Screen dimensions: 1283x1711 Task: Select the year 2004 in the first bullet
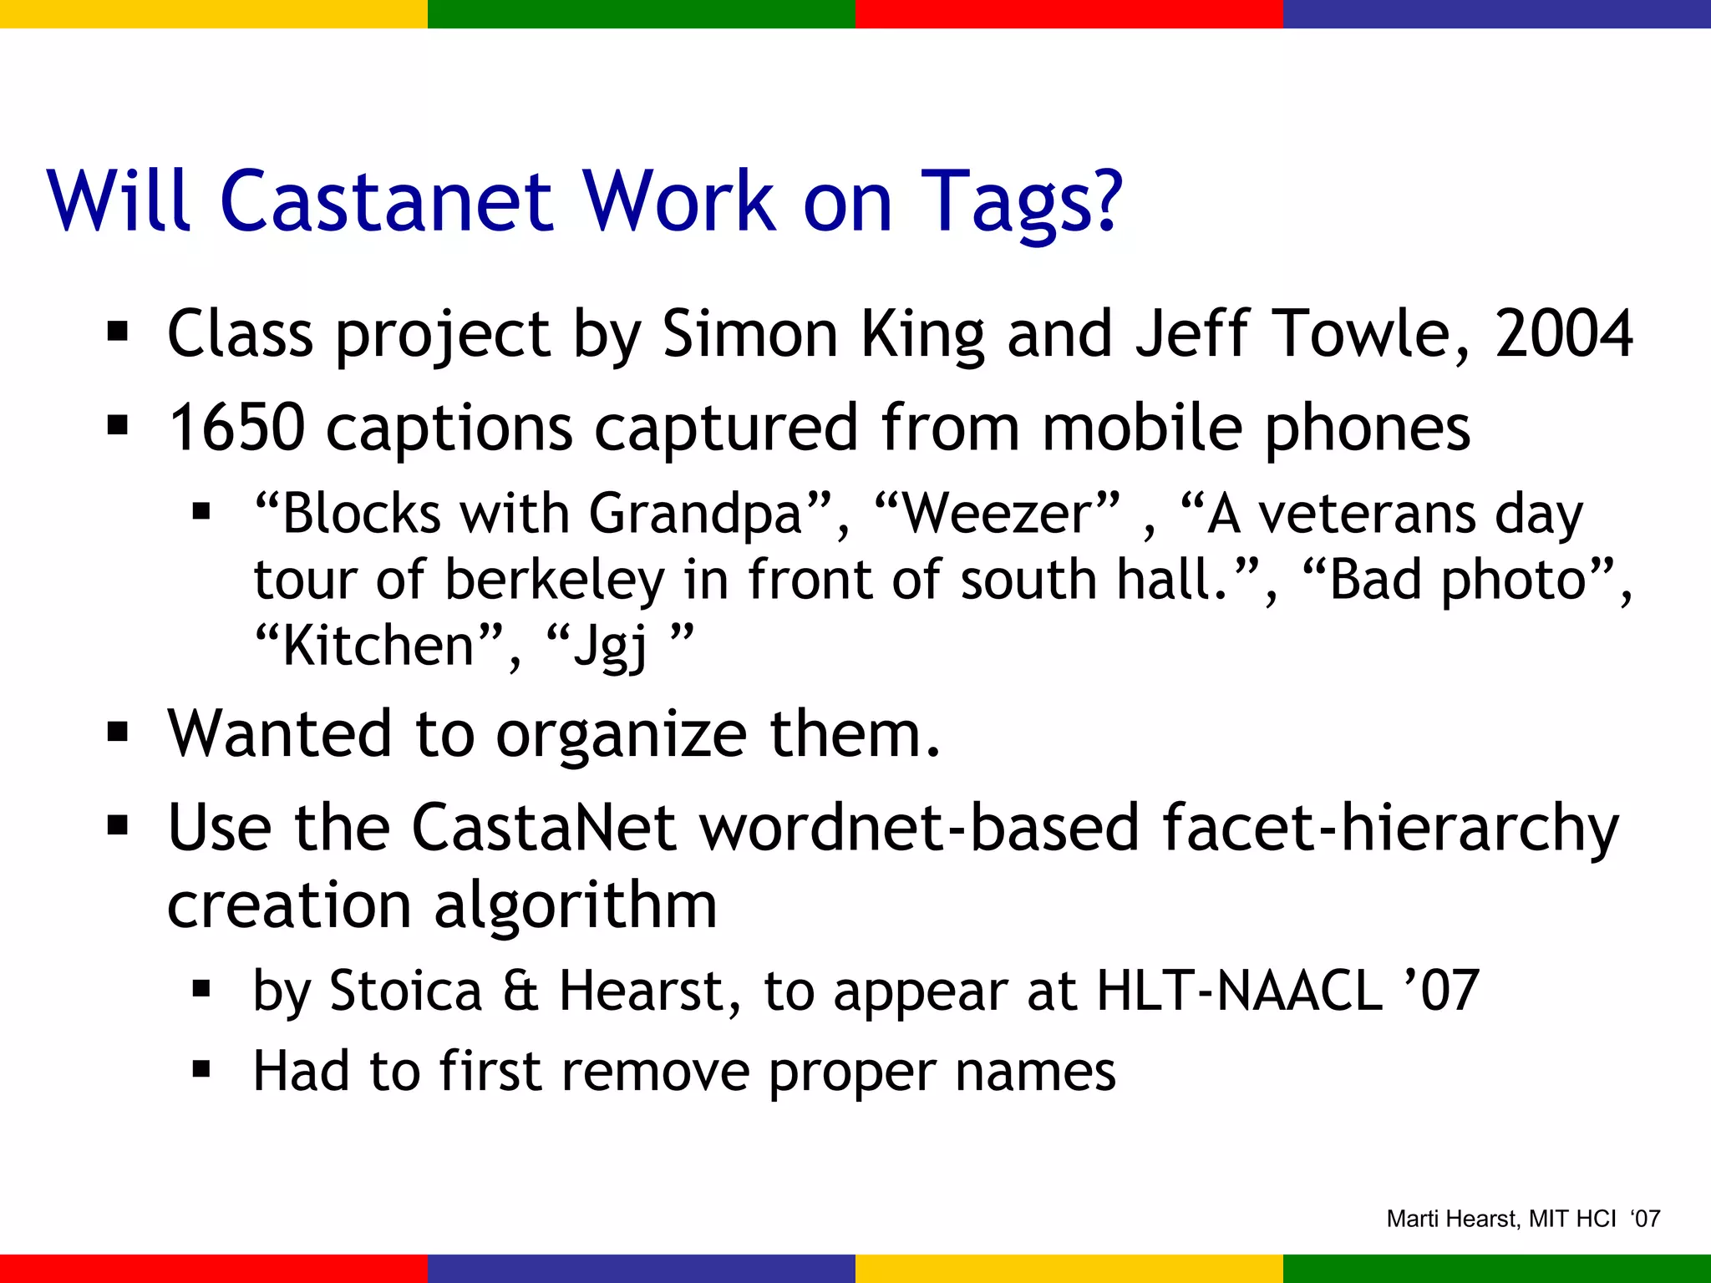pos(1563,334)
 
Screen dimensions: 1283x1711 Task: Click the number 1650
pos(237,428)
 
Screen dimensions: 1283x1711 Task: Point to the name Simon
pos(750,334)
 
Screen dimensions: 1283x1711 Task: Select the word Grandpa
pos(696,515)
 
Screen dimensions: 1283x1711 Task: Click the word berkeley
pos(554,581)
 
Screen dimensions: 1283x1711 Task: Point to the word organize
pos(621,735)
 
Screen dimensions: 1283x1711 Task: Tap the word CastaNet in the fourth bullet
pos(544,828)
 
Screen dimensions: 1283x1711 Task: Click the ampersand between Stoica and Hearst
pos(520,991)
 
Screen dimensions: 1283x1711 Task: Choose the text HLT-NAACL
pos(1239,991)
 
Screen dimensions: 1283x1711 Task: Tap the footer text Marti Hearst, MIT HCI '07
pos(1523,1219)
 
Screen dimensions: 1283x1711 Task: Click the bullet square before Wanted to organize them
pos(118,733)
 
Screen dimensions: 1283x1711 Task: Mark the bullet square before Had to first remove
pos(201,1070)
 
